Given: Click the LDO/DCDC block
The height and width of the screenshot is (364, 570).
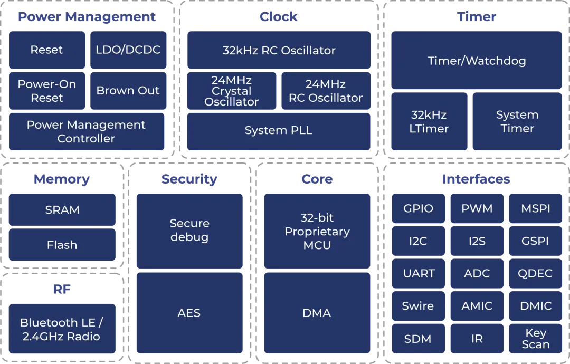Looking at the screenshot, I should pos(128,50).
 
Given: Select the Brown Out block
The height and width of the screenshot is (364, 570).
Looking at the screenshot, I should pos(128,91).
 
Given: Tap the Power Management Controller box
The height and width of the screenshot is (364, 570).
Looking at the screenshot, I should pos(87,131).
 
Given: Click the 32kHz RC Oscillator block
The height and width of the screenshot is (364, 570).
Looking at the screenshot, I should pos(279,50).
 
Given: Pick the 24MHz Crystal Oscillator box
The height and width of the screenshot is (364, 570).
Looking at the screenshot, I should pos(232,91).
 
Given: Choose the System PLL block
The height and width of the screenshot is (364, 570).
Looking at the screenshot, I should pos(279,131).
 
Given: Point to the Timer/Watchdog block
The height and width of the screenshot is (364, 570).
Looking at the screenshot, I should pos(477,61).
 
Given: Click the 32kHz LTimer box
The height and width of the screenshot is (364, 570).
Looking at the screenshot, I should pos(429,121).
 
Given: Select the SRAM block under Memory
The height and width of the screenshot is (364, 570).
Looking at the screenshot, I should pos(62,210).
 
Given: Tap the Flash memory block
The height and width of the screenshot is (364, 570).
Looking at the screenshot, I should pos(62,245).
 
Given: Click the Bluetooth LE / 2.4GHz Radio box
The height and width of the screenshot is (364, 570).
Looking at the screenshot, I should pos(62,329).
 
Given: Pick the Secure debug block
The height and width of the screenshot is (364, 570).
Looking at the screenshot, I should pos(189,231).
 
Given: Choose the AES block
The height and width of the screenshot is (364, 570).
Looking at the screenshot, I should pos(189,313).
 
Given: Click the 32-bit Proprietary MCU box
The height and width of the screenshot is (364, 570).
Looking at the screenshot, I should pos(317,231).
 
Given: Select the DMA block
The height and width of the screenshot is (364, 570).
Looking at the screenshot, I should pos(317,313).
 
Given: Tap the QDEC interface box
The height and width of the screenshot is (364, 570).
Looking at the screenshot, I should pos(536,273).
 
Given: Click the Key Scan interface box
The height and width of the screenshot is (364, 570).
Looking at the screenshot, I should pos(536,339).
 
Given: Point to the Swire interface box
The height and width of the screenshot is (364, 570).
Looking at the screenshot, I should pos(418,306).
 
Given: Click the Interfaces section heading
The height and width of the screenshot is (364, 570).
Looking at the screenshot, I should pos(476,179).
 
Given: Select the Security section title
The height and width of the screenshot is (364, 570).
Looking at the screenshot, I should pos(189,179).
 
